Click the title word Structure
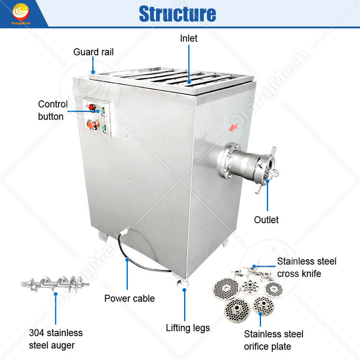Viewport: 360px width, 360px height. (x=177, y=13)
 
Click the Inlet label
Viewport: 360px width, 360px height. (x=189, y=38)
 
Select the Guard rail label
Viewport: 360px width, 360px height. (x=93, y=52)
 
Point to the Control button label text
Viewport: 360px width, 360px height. (x=53, y=110)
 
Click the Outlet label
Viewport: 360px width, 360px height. (x=266, y=220)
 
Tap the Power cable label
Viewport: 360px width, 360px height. (x=130, y=298)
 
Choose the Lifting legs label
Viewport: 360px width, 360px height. (x=188, y=328)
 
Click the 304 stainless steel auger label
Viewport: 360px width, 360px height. (x=56, y=339)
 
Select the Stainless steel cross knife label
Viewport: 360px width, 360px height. (x=306, y=267)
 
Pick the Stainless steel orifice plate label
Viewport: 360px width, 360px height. (x=274, y=340)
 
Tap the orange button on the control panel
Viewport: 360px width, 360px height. (x=93, y=125)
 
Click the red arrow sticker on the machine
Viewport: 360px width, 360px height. (x=233, y=128)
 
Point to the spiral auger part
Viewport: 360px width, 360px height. (x=55, y=284)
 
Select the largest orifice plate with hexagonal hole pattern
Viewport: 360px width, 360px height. (x=225, y=287)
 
